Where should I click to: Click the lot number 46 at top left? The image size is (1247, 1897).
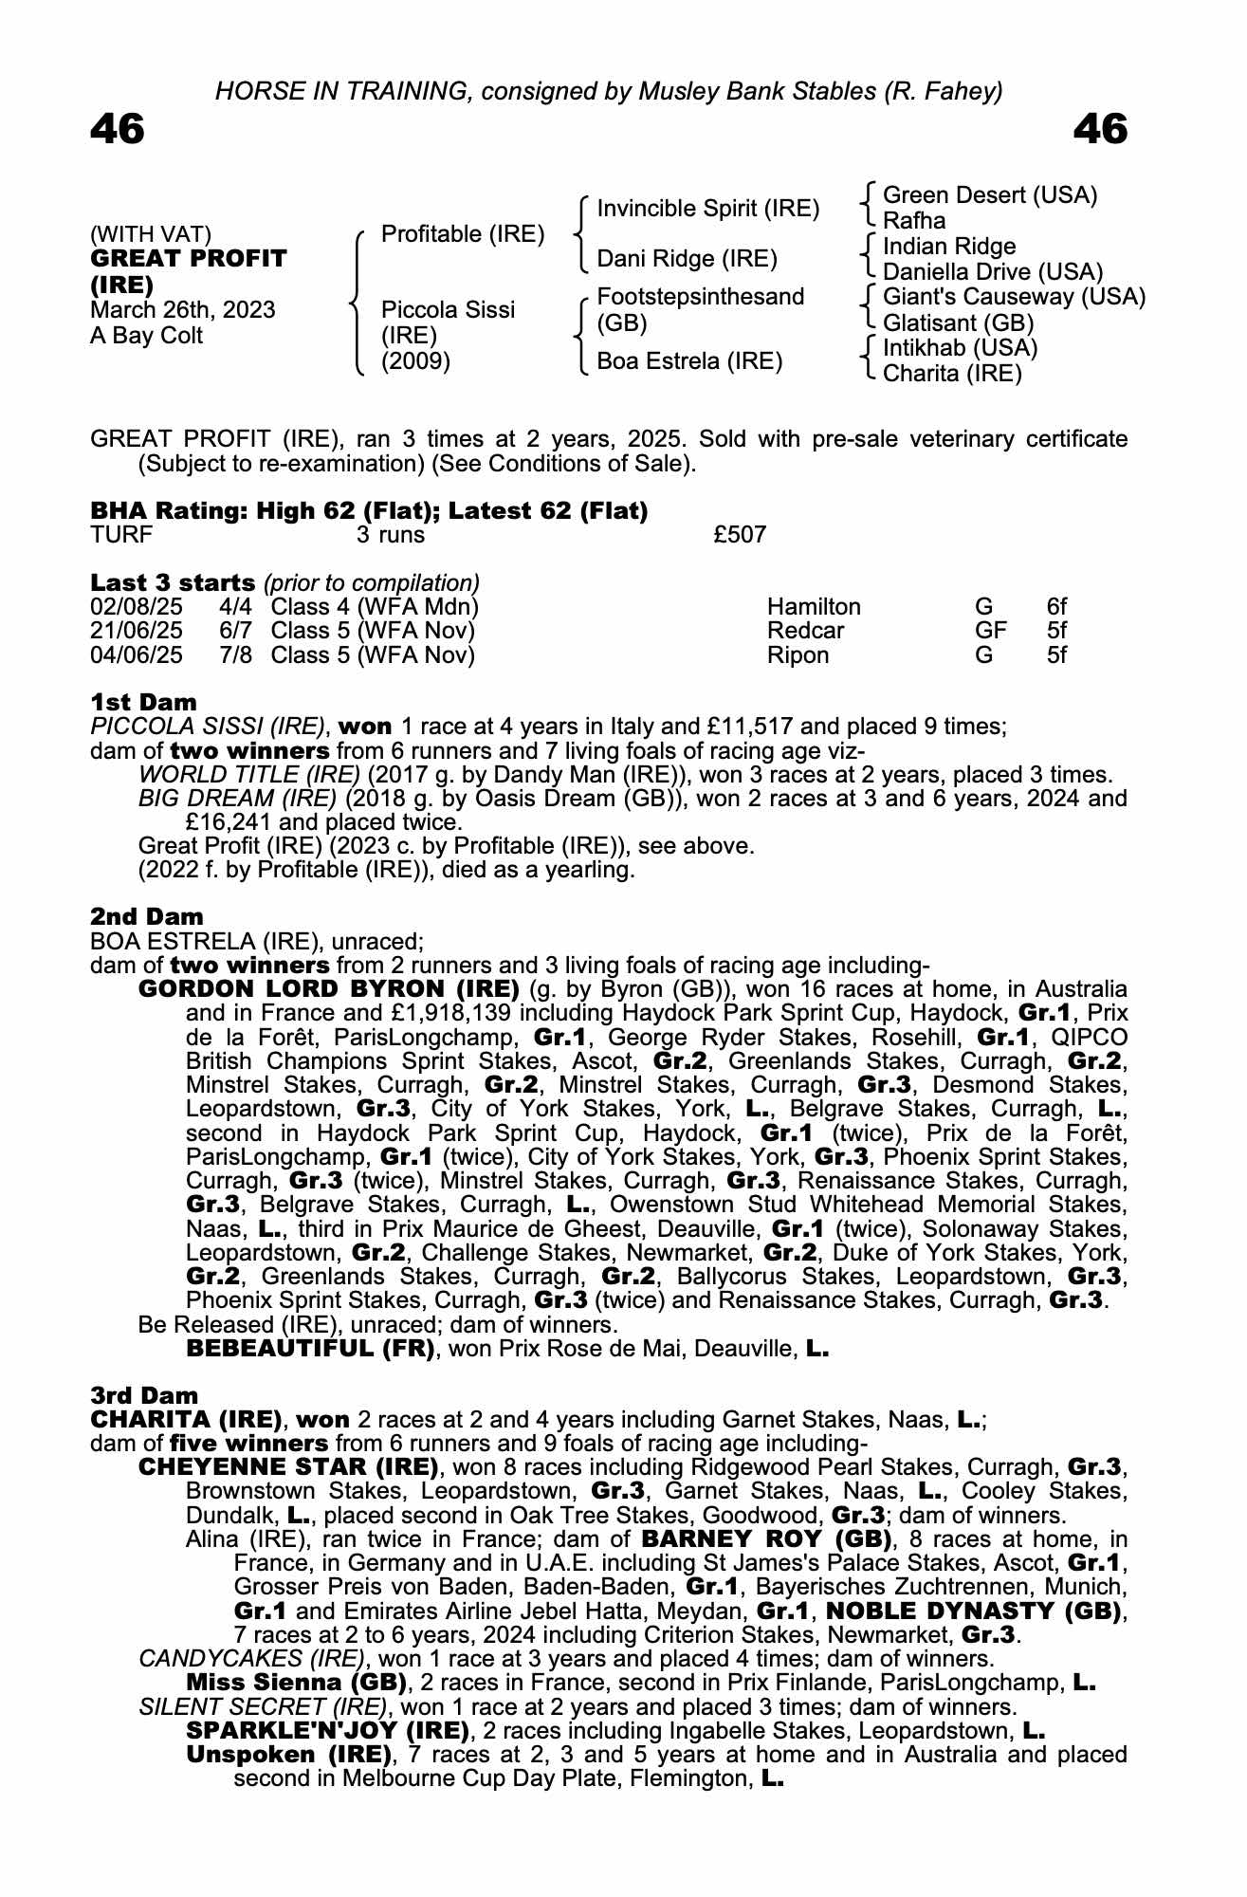118,129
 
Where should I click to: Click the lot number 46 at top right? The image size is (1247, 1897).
1100,129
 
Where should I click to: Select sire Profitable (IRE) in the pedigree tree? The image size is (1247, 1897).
463,234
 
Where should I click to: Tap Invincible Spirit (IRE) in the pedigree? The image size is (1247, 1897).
707,209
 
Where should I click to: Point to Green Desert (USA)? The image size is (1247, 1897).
989,195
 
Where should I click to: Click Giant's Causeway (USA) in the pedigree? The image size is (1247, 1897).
1014,297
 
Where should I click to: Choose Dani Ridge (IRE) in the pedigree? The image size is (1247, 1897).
687,259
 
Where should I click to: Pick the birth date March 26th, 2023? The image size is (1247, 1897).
183,310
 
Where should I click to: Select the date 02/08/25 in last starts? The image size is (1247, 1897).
137,607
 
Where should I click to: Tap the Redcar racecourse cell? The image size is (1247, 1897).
805,631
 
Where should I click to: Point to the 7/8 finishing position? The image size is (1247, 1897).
235,655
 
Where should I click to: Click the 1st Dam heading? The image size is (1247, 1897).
144,703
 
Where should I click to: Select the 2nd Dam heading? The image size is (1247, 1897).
147,917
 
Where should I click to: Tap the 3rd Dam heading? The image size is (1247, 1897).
145,1396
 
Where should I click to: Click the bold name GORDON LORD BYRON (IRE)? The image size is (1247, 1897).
329,990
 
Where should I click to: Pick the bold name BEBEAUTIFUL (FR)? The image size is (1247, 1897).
311,1349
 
